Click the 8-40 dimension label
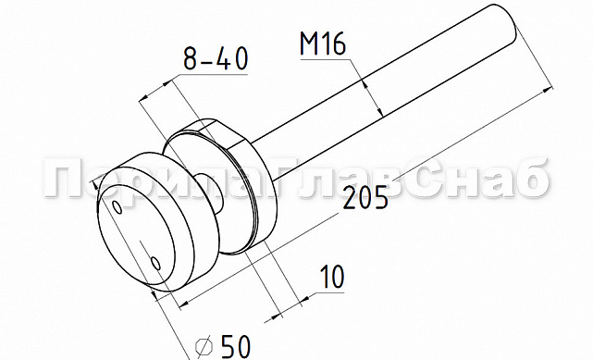point(215,60)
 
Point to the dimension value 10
point(330,277)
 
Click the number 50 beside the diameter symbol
point(237,346)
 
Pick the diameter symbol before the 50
point(206,346)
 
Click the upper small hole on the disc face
point(117,206)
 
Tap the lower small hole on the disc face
point(156,265)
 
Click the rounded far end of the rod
point(507,25)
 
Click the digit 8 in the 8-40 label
point(190,60)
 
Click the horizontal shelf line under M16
point(323,60)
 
